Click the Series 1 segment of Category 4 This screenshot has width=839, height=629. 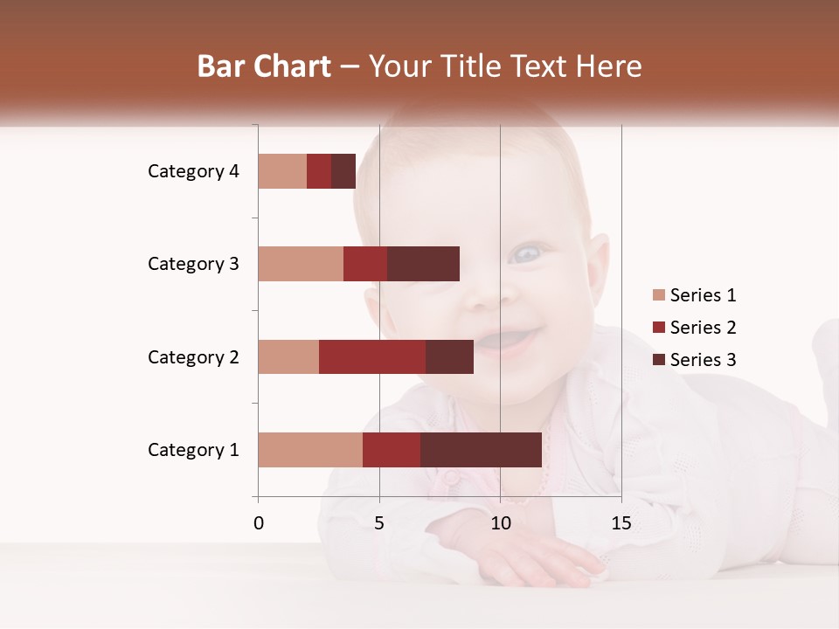(x=282, y=171)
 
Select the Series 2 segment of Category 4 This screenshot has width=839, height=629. (x=319, y=171)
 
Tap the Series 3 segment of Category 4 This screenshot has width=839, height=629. (x=343, y=171)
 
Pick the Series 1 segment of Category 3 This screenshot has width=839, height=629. (x=301, y=264)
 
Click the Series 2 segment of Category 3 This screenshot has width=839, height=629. (x=365, y=264)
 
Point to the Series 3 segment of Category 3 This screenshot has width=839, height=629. (x=423, y=264)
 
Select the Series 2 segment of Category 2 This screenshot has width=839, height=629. (x=372, y=356)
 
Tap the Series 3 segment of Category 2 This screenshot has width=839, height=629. (x=449, y=356)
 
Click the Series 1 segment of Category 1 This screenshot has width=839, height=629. (x=310, y=450)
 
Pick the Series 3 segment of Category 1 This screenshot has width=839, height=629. (x=481, y=450)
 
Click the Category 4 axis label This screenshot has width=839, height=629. (x=193, y=171)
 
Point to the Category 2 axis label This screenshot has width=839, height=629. (x=193, y=356)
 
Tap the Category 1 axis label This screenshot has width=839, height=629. (x=193, y=450)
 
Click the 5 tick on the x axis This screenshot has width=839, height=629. (x=379, y=523)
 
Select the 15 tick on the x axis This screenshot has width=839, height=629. (x=621, y=523)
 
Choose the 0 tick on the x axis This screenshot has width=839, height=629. (x=259, y=523)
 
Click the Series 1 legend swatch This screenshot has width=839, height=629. (x=658, y=295)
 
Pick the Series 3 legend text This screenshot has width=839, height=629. (x=703, y=360)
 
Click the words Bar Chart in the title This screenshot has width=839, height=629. (x=264, y=66)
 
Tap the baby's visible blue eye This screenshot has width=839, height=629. (x=526, y=254)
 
